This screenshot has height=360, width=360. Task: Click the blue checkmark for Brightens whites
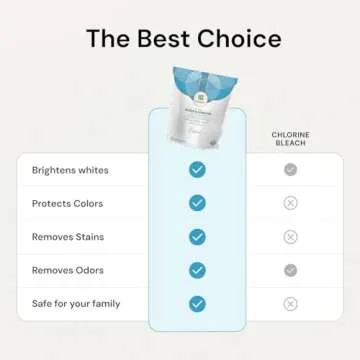click(197, 170)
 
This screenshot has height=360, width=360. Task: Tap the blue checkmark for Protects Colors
click(197, 203)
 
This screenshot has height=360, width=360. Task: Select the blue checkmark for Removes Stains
click(197, 237)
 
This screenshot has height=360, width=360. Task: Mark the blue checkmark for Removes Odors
click(197, 270)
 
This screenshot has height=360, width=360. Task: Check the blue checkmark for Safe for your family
click(197, 303)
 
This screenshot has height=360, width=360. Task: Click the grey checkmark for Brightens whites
click(290, 170)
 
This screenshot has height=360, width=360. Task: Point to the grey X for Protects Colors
click(290, 203)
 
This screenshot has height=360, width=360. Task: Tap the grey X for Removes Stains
click(290, 237)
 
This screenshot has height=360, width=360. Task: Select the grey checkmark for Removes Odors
click(290, 270)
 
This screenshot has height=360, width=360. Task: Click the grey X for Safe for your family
click(290, 303)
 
